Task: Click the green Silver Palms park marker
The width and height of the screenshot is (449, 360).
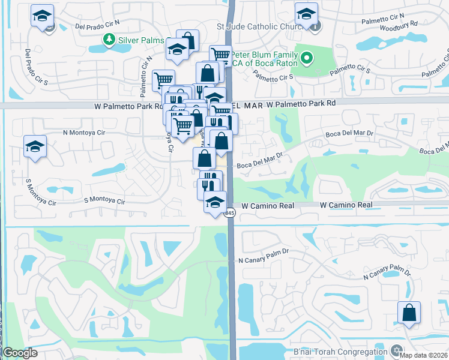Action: tap(109, 40)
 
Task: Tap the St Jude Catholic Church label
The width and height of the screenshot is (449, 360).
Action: tap(261, 26)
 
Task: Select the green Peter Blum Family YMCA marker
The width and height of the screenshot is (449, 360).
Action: tap(307, 58)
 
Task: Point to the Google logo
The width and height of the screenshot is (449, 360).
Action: tap(20, 353)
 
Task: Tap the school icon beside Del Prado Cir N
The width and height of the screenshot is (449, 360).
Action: tap(42, 17)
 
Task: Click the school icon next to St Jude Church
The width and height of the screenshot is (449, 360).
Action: tap(306, 16)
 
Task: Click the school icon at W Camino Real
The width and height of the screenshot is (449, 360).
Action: tap(215, 203)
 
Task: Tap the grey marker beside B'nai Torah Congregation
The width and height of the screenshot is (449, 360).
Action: tap(396, 350)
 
